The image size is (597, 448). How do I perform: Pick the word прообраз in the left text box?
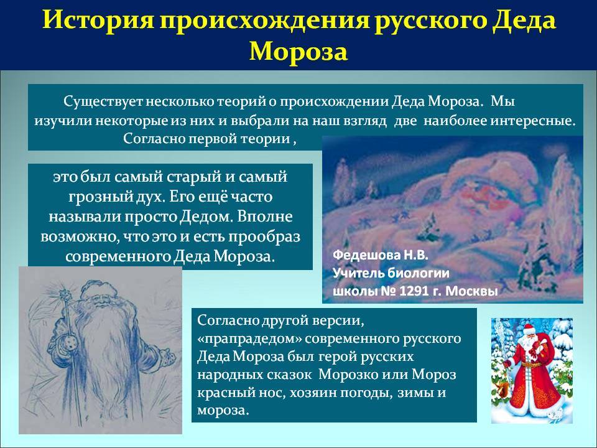point(265,237)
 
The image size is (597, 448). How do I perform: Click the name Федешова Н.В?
point(381,255)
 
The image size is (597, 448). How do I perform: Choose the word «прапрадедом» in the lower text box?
point(250,338)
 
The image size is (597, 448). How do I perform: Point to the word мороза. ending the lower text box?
point(223,411)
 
